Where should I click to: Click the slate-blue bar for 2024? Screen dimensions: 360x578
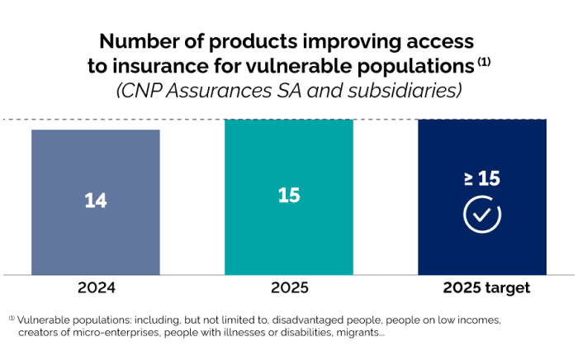96,239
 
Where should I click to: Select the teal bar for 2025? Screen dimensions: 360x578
288,239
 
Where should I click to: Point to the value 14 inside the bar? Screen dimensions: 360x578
96,201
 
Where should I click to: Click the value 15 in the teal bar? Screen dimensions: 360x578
288,196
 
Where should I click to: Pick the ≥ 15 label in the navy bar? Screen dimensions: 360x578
482,178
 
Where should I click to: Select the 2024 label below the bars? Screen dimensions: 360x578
96,289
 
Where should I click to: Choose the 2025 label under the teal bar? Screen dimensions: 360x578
288,289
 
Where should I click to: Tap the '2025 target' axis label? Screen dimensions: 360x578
486,289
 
